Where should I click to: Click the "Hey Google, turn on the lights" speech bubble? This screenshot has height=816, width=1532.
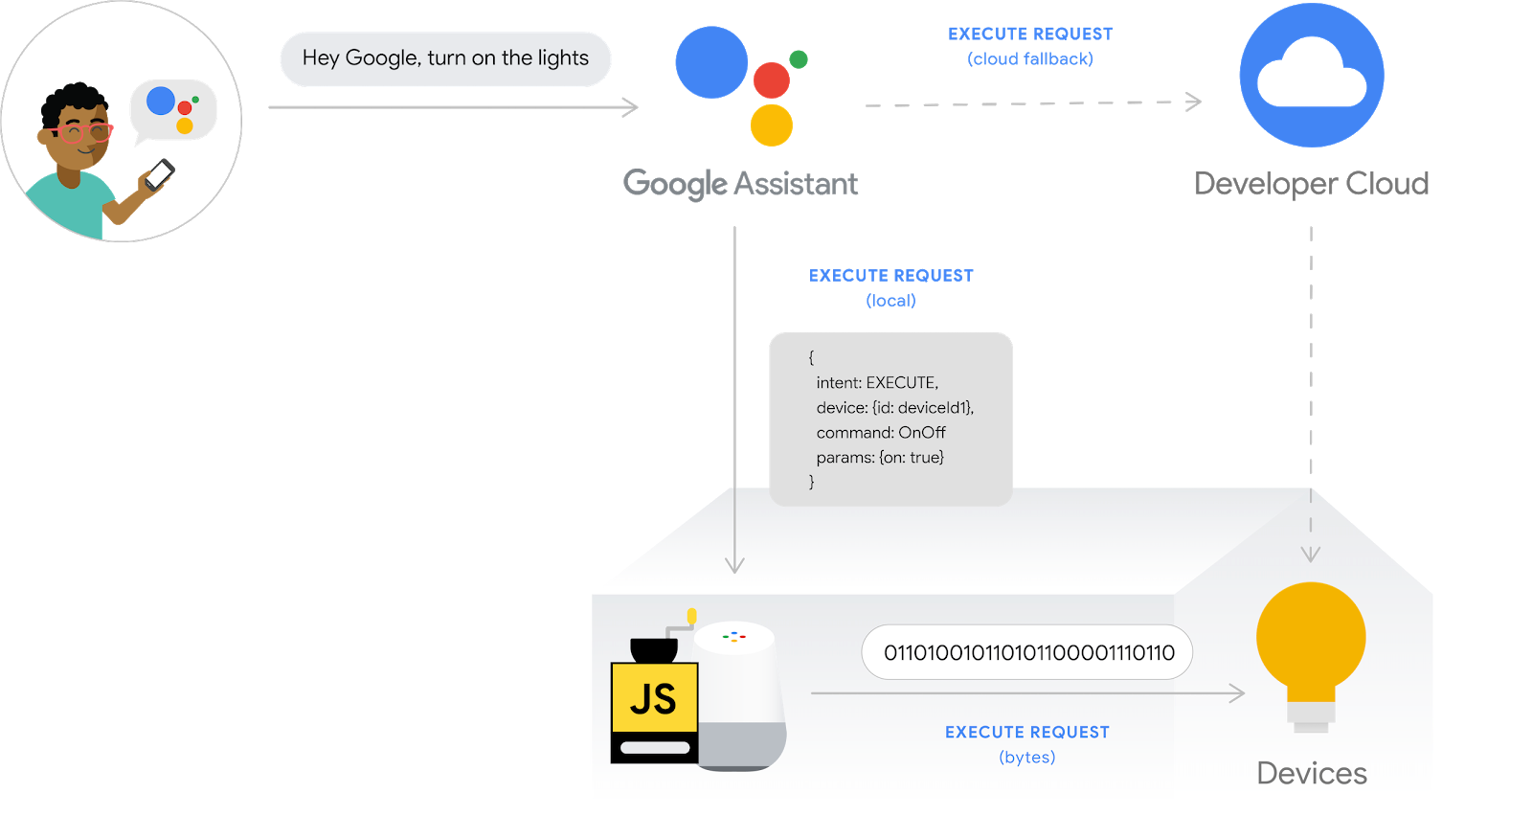[x=445, y=58]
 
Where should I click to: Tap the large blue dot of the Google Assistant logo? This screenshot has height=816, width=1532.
[x=711, y=62]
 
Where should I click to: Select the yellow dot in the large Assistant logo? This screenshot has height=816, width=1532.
[x=771, y=125]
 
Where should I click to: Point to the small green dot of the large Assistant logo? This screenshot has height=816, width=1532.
[x=799, y=59]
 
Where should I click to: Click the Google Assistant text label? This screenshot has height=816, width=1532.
[x=740, y=183]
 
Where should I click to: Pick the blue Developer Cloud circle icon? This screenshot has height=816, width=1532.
[x=1311, y=76]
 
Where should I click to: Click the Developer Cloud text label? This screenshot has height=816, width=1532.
[x=1311, y=183]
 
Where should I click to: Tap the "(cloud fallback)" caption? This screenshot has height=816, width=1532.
[x=1029, y=59]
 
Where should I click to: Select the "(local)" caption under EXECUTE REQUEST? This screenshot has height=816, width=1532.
[x=890, y=301]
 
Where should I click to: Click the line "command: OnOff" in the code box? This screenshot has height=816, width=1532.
[x=881, y=433]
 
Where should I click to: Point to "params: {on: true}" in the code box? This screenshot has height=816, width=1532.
[x=880, y=458]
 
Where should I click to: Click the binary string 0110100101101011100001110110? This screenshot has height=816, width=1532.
[x=1027, y=653]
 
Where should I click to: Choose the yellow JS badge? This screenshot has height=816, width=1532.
[x=655, y=698]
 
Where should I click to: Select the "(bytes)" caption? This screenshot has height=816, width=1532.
[x=1026, y=758]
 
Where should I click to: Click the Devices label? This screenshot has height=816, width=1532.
[x=1311, y=773]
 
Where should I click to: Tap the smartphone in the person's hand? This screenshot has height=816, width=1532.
[x=158, y=174]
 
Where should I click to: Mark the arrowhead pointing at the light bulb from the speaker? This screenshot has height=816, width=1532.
[x=1238, y=692]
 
